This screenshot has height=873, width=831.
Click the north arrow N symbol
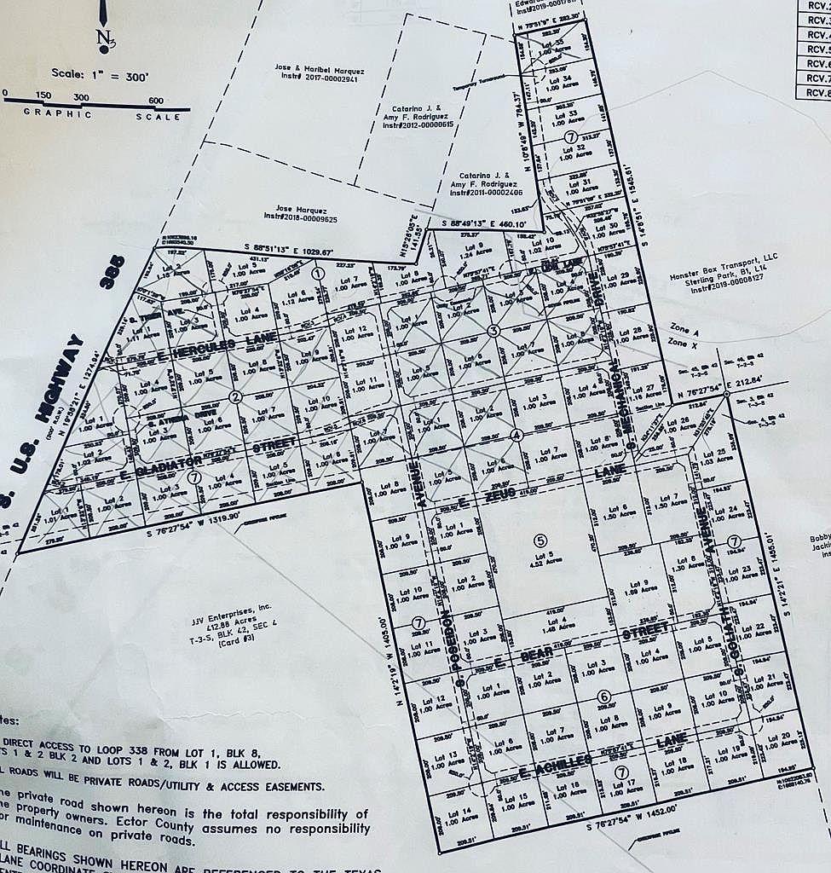point(104,38)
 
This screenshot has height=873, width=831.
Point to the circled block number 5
point(540,539)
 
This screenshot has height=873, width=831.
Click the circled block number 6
point(604,697)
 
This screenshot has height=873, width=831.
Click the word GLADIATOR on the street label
point(168,465)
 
